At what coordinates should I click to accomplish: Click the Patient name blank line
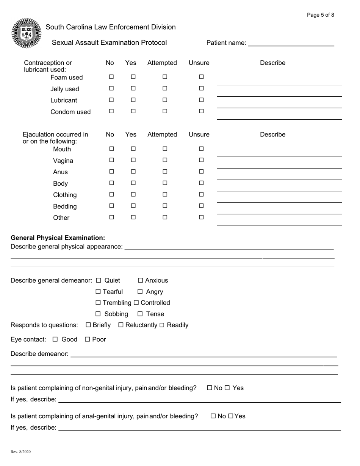291,43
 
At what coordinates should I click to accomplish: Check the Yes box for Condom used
133,111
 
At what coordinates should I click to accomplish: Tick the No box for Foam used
111,77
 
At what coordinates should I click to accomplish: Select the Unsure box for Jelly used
201,89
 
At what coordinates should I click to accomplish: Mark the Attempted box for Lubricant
165,100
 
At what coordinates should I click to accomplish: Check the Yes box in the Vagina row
133,160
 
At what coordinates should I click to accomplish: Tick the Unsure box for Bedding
201,206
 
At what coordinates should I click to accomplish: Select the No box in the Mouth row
111,149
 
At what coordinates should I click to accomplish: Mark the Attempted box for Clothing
165,194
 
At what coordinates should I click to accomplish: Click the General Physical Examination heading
58,238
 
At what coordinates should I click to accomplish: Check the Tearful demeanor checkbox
99,292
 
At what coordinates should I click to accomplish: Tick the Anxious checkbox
141,280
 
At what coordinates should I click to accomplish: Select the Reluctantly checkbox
121,325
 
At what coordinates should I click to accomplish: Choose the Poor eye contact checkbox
87,339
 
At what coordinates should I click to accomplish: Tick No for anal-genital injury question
213,416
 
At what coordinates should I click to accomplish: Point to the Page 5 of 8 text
320,15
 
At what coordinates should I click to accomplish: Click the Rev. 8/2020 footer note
21,452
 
